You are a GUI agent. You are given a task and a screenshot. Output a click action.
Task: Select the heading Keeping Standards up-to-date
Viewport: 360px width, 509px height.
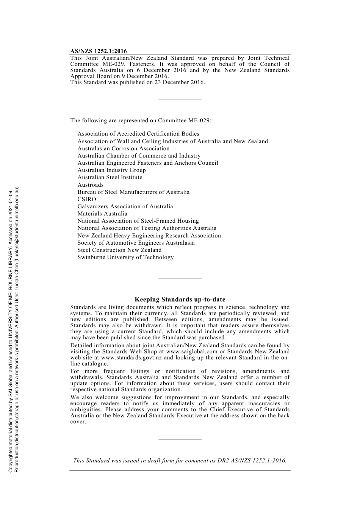click(180, 300)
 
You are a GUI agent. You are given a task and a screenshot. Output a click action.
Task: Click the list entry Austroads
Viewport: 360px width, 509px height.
click(91, 185)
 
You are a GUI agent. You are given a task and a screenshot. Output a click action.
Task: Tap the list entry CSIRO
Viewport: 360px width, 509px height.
click(87, 199)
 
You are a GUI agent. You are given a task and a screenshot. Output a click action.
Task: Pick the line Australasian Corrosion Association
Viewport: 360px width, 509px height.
click(124, 148)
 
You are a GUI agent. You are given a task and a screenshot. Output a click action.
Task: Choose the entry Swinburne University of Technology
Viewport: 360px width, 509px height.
click(125, 257)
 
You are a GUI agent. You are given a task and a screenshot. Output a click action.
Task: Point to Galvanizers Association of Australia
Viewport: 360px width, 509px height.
click(125, 206)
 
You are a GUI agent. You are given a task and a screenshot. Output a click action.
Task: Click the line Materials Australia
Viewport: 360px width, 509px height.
click(102, 214)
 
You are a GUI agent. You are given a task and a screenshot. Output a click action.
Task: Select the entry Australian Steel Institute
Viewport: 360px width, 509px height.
click(110, 177)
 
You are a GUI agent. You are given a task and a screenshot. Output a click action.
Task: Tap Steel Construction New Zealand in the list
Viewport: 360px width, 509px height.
click(119, 250)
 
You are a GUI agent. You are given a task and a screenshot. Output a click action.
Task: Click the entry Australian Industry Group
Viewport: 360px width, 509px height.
click(111, 170)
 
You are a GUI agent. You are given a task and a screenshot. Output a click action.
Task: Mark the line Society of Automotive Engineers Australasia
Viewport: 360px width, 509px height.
click(136, 243)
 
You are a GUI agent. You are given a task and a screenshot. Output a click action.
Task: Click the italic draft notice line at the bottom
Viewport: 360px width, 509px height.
click(180, 461)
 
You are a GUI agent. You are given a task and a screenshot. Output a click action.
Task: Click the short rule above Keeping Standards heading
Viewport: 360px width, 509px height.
click(180, 279)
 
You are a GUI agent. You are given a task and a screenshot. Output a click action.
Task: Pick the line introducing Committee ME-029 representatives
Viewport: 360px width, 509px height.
click(141, 120)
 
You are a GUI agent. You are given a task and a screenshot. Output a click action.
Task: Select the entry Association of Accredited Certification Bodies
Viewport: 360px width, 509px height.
click(138, 134)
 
